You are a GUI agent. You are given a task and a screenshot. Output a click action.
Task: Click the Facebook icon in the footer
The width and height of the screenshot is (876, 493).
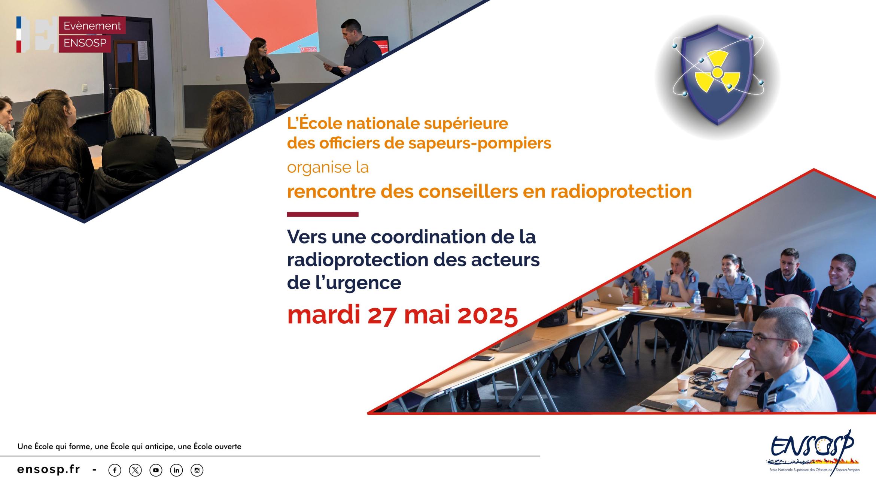tap(115, 470)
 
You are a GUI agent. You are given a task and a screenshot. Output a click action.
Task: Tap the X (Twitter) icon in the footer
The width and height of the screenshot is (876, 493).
tap(135, 470)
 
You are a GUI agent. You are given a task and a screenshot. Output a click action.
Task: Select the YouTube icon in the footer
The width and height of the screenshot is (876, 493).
tap(156, 470)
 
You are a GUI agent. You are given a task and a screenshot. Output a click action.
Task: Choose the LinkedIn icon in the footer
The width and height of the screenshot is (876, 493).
tap(176, 470)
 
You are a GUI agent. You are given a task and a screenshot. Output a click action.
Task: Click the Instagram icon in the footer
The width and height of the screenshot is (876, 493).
tap(197, 470)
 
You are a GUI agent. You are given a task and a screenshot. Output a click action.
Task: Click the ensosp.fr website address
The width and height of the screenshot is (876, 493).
tap(49, 469)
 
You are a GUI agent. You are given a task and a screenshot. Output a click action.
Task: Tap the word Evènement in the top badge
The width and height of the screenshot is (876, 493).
tap(92, 26)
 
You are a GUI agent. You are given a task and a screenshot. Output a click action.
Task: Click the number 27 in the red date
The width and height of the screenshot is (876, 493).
tap(381, 315)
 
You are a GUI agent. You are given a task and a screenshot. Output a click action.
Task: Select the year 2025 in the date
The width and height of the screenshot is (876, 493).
tap(487, 315)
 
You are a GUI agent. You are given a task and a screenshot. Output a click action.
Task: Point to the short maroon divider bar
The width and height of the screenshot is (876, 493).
tap(323, 215)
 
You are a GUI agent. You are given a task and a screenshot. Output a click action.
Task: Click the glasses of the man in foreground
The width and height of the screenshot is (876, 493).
tap(769, 339)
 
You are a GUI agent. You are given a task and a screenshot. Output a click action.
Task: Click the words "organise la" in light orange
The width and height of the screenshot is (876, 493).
tap(328, 167)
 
